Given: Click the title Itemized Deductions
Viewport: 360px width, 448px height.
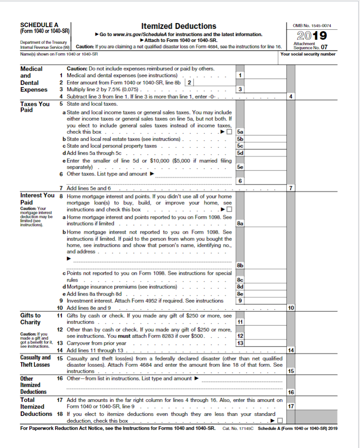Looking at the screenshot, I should pos(178,26).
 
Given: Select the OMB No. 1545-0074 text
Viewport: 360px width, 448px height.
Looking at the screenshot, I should pos(311,25).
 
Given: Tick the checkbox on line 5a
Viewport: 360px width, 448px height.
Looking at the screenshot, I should pos(229,132).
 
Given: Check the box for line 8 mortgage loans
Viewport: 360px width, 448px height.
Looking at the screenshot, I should pos(229,210).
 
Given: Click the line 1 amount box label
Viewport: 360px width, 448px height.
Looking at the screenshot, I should pos(240,75).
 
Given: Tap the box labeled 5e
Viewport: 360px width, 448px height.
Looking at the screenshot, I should pos(240,167).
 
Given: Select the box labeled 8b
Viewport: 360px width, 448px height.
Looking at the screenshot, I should pos(240,266).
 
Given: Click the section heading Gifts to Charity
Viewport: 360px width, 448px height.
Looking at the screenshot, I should pos(30,319).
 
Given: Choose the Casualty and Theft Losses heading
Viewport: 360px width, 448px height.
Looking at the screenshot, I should pos(35,361).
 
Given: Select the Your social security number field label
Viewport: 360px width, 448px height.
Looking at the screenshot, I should pos(308,54).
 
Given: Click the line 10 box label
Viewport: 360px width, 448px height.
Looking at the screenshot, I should pos(291,308).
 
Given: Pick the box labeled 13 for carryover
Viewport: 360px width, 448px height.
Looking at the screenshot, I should pos(240,343).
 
